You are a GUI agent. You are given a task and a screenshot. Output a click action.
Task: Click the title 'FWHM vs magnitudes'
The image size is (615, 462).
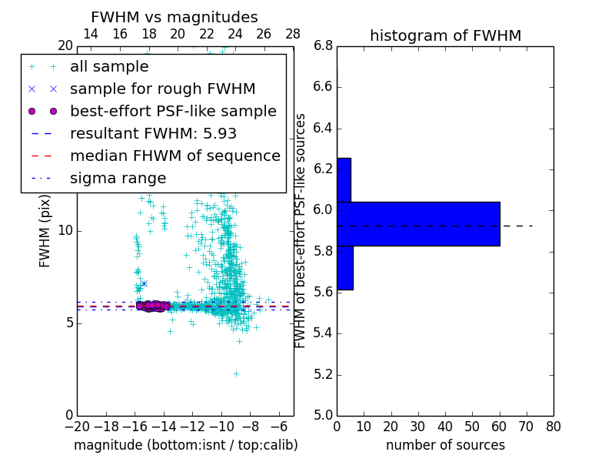pos(174,18)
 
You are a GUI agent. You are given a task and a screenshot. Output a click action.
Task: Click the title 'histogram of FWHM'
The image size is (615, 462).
pos(445,35)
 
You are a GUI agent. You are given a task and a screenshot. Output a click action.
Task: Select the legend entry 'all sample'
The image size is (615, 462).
pos(109,67)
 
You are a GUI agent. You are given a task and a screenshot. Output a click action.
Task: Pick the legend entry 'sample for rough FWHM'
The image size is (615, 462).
pos(162,89)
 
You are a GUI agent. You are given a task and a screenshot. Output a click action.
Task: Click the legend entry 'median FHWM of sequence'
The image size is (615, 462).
pos(175,156)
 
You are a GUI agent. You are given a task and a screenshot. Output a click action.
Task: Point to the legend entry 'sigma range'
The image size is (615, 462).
pos(118,178)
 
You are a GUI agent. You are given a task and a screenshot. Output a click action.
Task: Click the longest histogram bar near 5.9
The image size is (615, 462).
pos(418,224)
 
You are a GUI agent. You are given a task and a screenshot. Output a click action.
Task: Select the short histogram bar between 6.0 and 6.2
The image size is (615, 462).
pos(344,180)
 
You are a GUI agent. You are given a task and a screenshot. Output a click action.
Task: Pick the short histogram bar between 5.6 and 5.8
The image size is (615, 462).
pos(344,268)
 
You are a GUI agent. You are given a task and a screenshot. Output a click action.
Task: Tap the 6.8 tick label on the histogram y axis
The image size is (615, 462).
pos(324,45)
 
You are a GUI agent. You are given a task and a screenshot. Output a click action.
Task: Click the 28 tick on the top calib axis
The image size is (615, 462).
pos(293,34)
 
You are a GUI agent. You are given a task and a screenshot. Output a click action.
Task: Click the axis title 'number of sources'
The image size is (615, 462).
pos(445,445)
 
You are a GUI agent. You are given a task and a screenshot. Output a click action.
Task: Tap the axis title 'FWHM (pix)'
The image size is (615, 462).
pos(45,232)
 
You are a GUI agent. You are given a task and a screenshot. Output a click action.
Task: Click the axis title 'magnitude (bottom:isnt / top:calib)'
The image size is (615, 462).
pos(185,445)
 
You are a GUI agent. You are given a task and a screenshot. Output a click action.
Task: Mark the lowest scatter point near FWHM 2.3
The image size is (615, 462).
pos(236,373)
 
